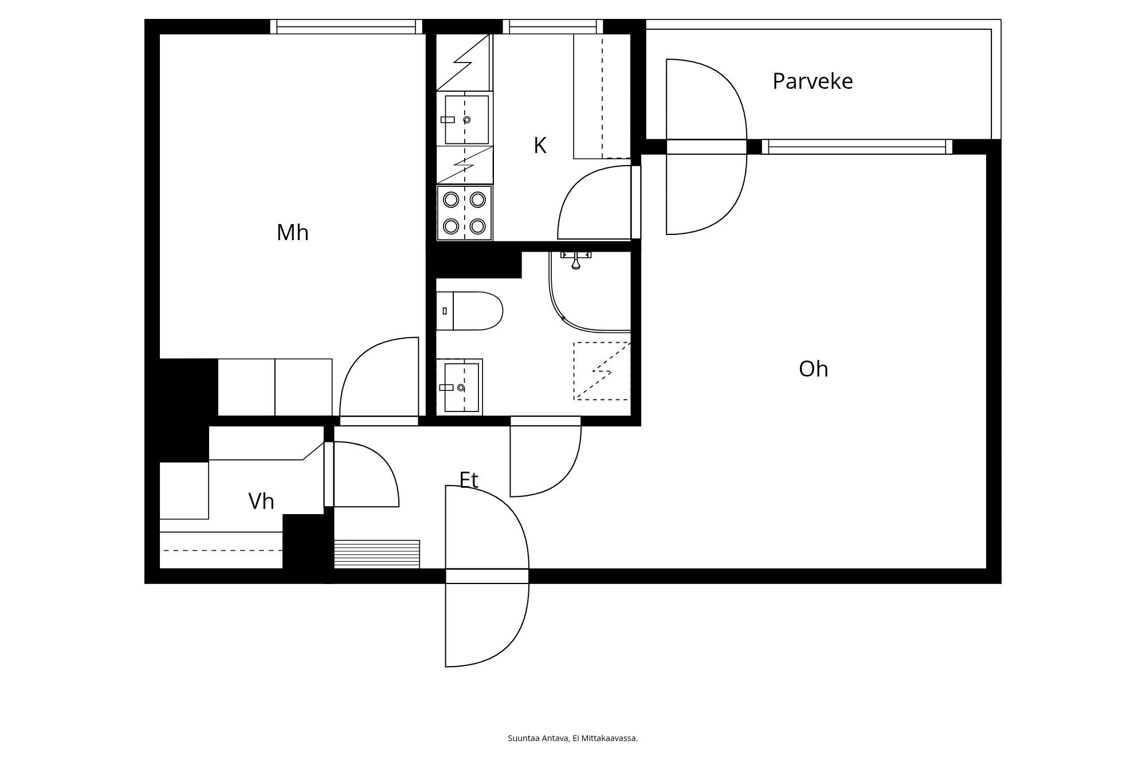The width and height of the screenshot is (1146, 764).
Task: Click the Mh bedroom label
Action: (292, 233)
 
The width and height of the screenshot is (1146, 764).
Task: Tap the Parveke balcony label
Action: (812, 81)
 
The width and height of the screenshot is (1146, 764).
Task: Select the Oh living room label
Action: (813, 369)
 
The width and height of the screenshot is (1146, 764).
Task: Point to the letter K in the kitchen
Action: (539, 146)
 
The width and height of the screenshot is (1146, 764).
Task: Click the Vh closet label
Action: (261, 502)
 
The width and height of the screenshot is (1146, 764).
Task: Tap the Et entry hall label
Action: (469, 480)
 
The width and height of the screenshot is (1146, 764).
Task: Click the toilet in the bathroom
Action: (470, 311)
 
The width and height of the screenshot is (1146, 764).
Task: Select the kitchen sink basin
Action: (466, 120)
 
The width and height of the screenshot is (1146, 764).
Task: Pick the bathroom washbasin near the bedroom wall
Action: (461, 387)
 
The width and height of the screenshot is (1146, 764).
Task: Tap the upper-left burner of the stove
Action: (452, 199)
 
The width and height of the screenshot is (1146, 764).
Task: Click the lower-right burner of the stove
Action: (478, 226)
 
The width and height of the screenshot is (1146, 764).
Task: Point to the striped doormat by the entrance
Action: (376, 554)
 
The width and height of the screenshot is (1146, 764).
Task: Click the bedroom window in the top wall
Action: (346, 26)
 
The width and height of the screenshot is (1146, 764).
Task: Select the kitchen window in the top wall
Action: (553, 26)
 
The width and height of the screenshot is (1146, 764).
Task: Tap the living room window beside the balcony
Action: (857, 147)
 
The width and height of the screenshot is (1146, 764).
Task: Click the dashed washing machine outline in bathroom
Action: (602, 371)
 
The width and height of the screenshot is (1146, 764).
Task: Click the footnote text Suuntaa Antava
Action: (538, 738)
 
